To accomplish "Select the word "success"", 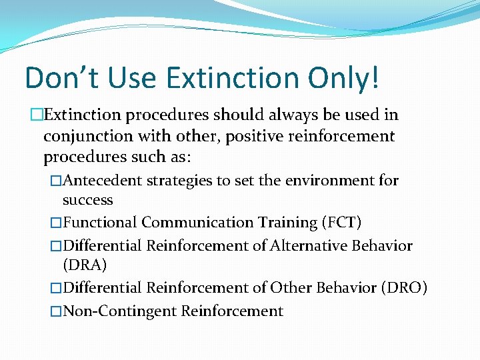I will point(87,200).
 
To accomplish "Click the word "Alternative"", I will point(308,246).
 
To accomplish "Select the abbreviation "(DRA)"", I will point(85,265).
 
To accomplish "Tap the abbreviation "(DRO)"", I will point(404,288).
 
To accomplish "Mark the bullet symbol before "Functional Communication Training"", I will point(56,223).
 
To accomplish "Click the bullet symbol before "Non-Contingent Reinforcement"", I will point(56,311).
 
